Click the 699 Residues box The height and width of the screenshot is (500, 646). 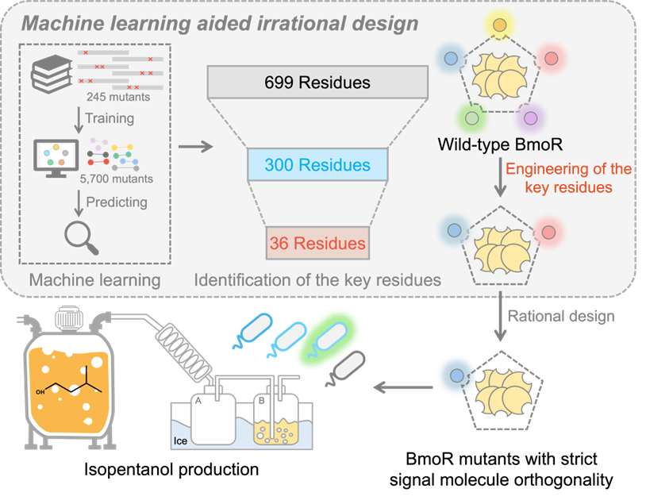317,83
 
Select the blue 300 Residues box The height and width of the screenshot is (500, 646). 317,165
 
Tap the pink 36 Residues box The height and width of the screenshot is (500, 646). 317,243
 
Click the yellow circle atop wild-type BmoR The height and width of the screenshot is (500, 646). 499,25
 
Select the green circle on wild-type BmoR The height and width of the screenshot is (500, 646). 471,118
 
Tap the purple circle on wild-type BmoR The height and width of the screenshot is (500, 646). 531,118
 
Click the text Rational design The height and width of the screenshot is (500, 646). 561,316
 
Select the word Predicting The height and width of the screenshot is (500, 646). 116,202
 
